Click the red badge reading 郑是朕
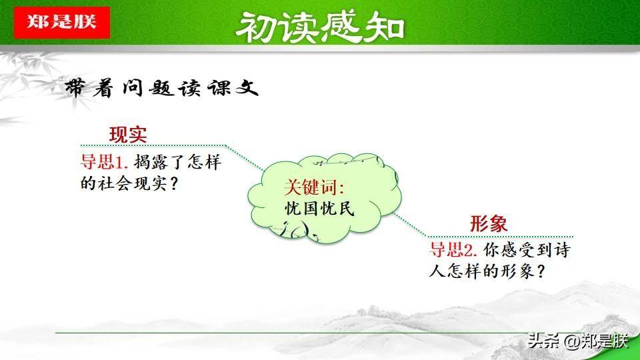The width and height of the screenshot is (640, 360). coord(61,23)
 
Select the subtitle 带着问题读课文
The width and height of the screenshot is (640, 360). coord(161,88)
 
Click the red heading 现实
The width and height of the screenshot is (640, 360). coord(128,135)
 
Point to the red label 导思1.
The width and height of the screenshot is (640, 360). coord(105,161)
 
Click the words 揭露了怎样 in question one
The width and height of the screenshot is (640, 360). coord(177,161)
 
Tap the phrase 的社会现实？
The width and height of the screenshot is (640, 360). coord(129,183)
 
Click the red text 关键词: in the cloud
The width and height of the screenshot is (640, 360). coord(314,187)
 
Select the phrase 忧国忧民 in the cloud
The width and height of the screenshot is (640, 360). coord(319,209)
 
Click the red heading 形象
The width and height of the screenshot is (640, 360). coord(489,224)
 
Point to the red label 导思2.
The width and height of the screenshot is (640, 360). coord(453,249)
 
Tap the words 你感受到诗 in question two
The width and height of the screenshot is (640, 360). coord(527,249)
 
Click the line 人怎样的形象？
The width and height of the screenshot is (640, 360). coord(487,271)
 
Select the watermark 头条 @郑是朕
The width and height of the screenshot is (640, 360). coord(578,341)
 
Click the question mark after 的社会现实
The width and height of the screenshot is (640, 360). coord(173,184)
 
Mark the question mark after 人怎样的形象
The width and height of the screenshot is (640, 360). coord(541,271)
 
